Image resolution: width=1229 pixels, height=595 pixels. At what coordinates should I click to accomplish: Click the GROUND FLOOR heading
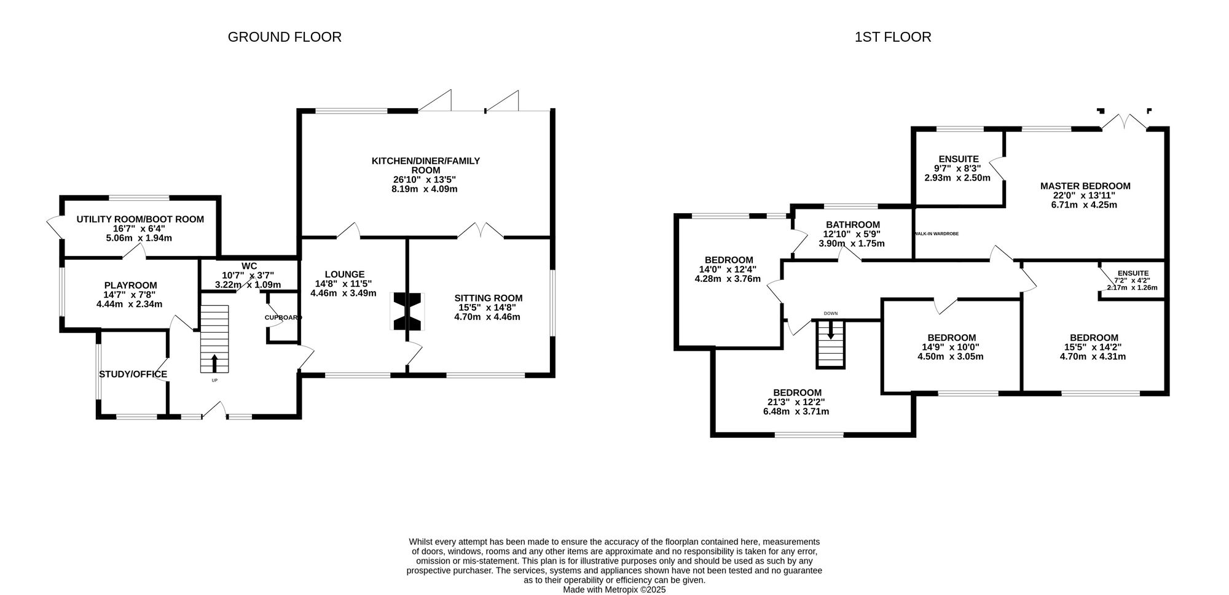pyautogui.click(x=285, y=37)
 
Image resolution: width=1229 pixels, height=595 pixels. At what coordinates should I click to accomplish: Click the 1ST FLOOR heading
pyautogui.click(x=893, y=37)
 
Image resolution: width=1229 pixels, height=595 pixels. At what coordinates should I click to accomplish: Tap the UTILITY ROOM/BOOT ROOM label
pyautogui.click(x=140, y=219)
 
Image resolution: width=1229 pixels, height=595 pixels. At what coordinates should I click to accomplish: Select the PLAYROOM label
pyautogui.click(x=130, y=286)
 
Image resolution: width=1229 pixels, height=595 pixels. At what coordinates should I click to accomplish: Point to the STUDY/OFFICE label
pyautogui.click(x=133, y=375)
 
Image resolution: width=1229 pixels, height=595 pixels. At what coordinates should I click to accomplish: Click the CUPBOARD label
pyautogui.click(x=283, y=317)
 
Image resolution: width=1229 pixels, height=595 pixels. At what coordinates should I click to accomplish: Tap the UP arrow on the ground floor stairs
pyautogui.click(x=214, y=364)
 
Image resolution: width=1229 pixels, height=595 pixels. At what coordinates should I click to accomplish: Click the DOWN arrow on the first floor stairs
pyautogui.click(x=831, y=332)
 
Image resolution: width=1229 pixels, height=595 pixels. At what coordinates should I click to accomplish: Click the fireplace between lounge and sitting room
pyautogui.click(x=407, y=311)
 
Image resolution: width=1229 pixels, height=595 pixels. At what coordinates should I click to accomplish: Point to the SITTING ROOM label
pyautogui.click(x=489, y=298)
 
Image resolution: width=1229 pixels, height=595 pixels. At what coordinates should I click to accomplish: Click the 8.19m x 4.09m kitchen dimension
pyautogui.click(x=425, y=189)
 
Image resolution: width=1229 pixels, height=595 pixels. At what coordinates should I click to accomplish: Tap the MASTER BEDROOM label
pyautogui.click(x=1085, y=186)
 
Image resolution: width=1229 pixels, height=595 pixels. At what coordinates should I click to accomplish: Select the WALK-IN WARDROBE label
pyautogui.click(x=936, y=234)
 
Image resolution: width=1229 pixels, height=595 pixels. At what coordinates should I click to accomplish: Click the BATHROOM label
pyautogui.click(x=853, y=225)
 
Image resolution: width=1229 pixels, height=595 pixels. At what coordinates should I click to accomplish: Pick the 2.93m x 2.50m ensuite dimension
pyautogui.click(x=957, y=178)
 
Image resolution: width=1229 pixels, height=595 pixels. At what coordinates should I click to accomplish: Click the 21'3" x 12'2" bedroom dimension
pyautogui.click(x=798, y=402)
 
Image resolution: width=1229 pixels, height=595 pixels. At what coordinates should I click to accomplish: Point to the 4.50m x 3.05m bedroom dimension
pyautogui.click(x=951, y=356)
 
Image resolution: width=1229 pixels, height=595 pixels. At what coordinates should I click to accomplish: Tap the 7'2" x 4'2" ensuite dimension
pyautogui.click(x=1133, y=281)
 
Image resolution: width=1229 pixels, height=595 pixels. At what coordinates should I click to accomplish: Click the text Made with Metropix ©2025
pyautogui.click(x=614, y=589)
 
